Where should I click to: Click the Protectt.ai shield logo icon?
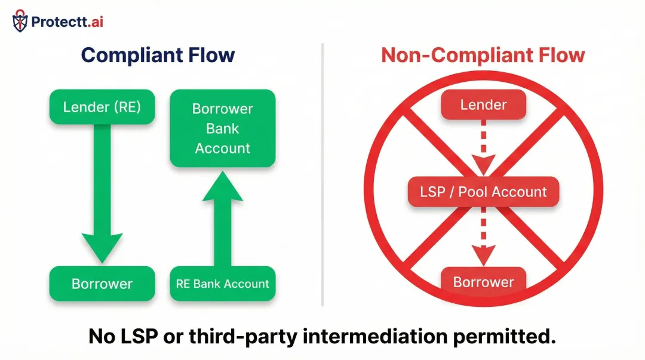[20, 21]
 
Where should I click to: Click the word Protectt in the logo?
[57, 22]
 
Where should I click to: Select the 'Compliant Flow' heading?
[158, 56]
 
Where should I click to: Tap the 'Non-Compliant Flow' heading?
[483, 56]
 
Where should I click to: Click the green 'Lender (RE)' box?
[102, 107]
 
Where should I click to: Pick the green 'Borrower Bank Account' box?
[222, 128]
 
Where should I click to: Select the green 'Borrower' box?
[102, 284]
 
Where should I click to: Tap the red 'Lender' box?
[483, 106]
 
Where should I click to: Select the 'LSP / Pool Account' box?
[483, 192]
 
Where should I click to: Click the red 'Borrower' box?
[483, 282]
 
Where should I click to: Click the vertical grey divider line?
[322, 179]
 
